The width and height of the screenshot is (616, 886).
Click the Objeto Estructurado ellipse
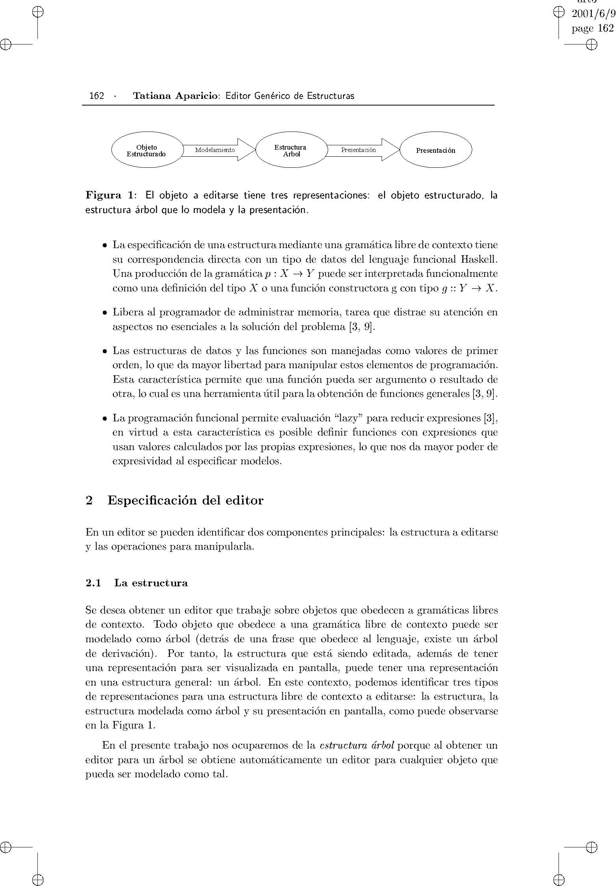coord(147,150)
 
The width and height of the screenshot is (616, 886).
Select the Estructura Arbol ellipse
coord(291,150)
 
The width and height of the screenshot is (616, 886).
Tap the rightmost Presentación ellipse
coord(436,150)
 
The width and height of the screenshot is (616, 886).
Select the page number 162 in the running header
coord(96,96)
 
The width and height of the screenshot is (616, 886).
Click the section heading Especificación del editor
coord(186,500)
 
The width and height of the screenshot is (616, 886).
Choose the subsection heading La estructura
coord(151,583)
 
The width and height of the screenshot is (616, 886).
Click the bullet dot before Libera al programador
coord(104,313)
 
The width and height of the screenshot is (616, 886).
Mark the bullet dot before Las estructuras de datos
coord(104,351)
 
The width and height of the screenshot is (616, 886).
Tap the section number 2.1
coord(93,583)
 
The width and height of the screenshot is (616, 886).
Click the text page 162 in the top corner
coord(592,28)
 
